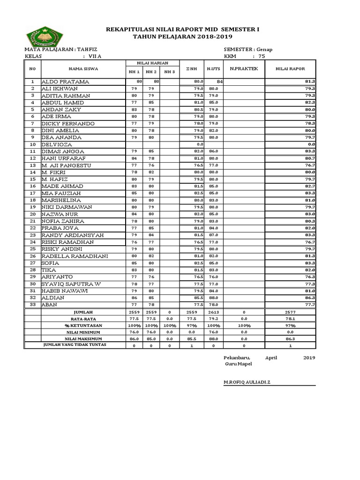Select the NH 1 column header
click(x=134, y=72)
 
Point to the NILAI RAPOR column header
click(x=291, y=69)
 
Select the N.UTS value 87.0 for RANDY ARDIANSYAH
click(x=214, y=235)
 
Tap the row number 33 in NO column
click(x=32, y=305)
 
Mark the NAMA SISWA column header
click(x=82, y=69)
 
